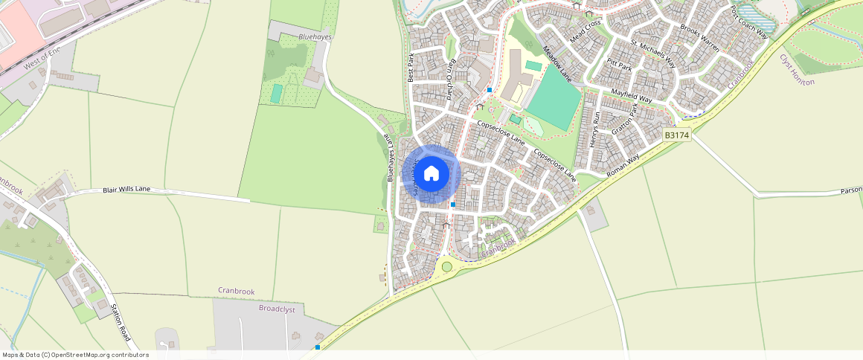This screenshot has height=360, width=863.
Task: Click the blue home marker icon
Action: (431, 174)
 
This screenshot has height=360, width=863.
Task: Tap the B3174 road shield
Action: (676, 135)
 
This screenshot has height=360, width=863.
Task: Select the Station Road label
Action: (120, 322)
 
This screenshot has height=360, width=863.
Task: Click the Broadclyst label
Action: (277, 309)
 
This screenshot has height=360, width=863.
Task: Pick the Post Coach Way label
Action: (748, 22)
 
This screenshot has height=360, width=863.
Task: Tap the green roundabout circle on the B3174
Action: (446, 266)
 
